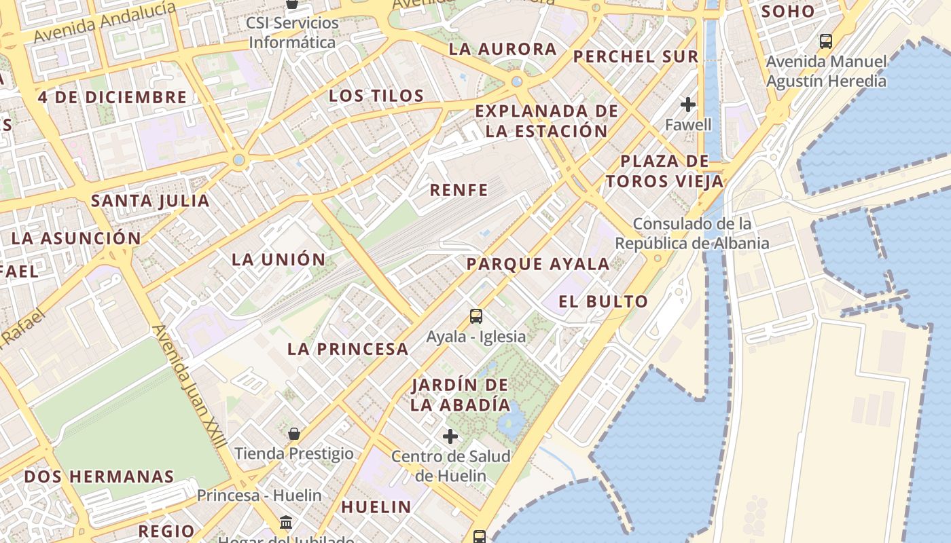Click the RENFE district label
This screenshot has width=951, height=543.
pyautogui.click(x=459, y=190)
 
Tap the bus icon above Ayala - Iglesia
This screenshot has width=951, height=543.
pyautogui.click(x=476, y=316)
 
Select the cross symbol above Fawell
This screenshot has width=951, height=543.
pyautogui.click(x=688, y=105)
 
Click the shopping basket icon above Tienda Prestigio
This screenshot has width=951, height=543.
pyautogui.click(x=294, y=433)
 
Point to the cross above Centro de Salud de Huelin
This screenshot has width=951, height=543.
pyautogui.click(x=450, y=436)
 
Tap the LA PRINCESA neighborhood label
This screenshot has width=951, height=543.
pyautogui.click(x=348, y=350)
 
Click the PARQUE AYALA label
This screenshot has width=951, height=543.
pyautogui.click(x=538, y=264)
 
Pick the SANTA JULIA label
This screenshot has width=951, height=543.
pyautogui.click(x=150, y=201)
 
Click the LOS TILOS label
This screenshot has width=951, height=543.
pyautogui.click(x=376, y=96)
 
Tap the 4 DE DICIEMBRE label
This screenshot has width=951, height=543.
pyautogui.click(x=112, y=97)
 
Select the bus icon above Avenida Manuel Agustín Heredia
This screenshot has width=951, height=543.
pyautogui.click(x=826, y=41)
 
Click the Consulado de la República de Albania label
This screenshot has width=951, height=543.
pyautogui.click(x=692, y=233)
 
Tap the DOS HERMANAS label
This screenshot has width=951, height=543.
pyautogui.click(x=99, y=476)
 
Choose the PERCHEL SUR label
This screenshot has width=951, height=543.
pyautogui.click(x=636, y=57)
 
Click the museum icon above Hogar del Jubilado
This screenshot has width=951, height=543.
pyautogui.click(x=286, y=523)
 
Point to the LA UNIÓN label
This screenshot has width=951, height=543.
pyautogui.click(x=279, y=259)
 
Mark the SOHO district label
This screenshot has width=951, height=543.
pyautogui.click(x=788, y=12)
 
